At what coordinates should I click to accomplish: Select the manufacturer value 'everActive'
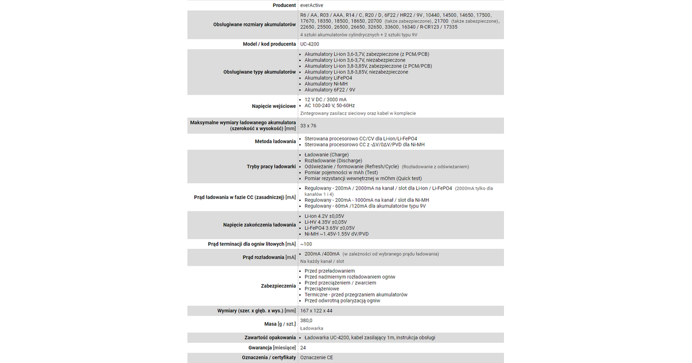[313, 5]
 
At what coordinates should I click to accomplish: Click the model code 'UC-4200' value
[310, 44]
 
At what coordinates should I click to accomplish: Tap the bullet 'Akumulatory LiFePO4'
[328, 78]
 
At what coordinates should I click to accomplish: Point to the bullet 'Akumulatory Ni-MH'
[326, 84]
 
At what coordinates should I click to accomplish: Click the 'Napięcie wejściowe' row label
[274, 106]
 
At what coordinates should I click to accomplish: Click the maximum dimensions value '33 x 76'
[309, 126]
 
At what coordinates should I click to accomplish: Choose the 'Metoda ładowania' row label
[275, 141]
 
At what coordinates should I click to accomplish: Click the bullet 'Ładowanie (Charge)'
[326, 154]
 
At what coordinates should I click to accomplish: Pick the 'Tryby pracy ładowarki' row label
[271, 167]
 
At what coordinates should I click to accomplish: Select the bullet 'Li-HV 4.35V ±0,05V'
[326, 222]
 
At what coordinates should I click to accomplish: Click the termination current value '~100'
[306, 244]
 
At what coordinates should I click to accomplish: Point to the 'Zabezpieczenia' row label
[279, 286]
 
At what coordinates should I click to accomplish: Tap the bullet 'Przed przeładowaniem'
[329, 271]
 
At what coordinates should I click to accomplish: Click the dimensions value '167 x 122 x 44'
[317, 311]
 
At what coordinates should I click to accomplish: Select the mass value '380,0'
[306, 320]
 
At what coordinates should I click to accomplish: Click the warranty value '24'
[303, 348]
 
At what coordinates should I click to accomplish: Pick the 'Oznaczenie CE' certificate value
[317, 358]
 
